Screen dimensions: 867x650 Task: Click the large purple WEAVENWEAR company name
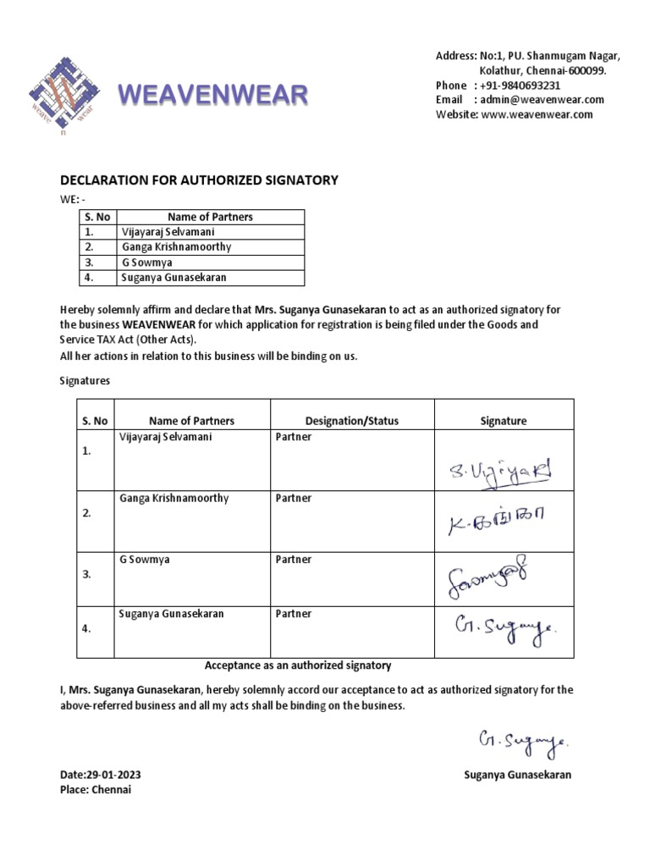click(212, 96)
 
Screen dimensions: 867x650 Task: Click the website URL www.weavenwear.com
click(537, 114)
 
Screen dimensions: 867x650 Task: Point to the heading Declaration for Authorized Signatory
click(199, 179)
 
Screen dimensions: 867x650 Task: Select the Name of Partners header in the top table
click(210, 217)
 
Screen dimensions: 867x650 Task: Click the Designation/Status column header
click(351, 421)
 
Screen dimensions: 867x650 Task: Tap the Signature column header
click(503, 421)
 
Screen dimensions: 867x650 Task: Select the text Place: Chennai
click(96, 789)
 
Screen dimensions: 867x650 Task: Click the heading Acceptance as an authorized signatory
click(298, 665)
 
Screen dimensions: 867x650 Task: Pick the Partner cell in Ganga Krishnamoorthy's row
click(294, 499)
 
